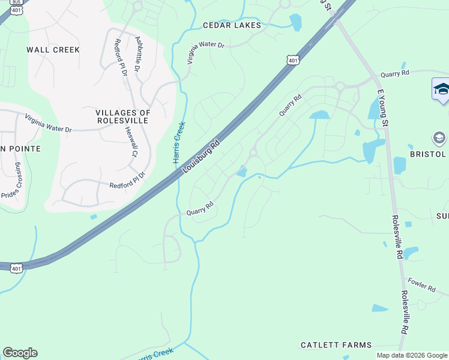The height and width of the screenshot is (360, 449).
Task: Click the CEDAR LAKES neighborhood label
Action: [232, 25]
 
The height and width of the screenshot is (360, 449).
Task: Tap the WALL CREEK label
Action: [53, 50]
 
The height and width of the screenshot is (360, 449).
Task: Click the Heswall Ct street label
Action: [131, 141]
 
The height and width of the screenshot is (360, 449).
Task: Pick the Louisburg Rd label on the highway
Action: [201, 158]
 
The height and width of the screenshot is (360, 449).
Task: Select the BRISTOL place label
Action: [429, 154]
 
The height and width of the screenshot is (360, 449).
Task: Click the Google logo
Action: [20, 353]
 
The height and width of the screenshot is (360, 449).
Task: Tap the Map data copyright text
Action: [411, 355]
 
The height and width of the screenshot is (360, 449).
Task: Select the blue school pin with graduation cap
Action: [441, 89]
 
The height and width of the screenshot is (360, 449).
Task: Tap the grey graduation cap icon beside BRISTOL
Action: [439, 139]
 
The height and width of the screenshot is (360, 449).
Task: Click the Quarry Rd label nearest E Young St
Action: [394, 73]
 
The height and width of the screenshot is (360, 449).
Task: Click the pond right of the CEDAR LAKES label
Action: [295, 22]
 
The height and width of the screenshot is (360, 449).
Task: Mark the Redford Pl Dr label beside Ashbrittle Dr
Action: [121, 57]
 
